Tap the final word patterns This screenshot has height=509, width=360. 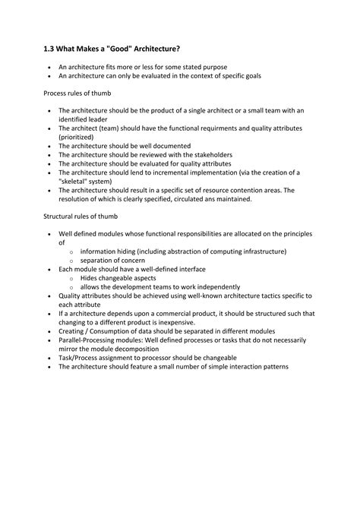pos(272,366)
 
